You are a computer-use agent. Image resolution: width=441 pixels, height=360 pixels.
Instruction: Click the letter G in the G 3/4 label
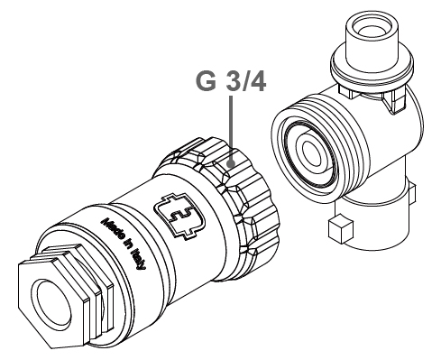[x=206, y=81]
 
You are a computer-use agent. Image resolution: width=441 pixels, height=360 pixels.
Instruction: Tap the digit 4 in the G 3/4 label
[x=258, y=81]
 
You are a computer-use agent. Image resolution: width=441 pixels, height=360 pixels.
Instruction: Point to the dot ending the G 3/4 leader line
[x=231, y=163]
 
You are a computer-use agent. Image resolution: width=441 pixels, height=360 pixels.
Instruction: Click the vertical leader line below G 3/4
[x=231, y=128]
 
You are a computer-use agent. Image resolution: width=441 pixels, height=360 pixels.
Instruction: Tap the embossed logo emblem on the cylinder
[x=179, y=217]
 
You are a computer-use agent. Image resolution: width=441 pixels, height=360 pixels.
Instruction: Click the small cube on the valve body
[x=341, y=228]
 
